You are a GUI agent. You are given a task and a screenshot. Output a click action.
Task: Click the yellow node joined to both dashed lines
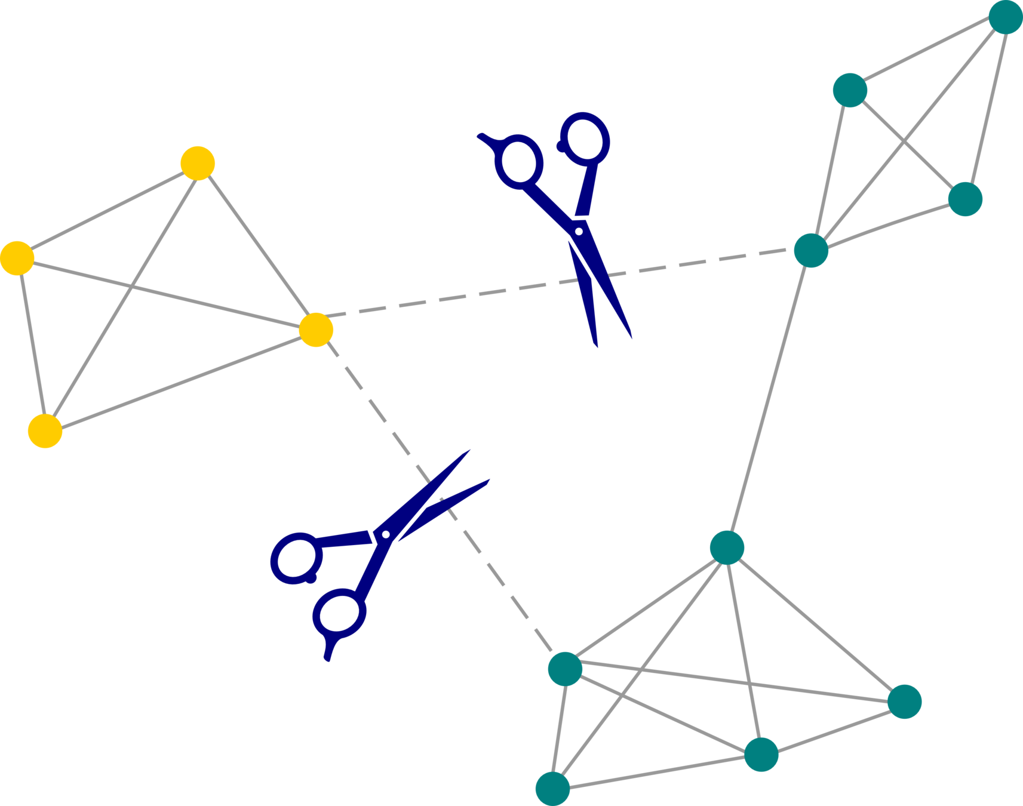pyautogui.click(x=315, y=330)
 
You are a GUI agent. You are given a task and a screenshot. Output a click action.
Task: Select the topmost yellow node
pyautogui.click(x=198, y=163)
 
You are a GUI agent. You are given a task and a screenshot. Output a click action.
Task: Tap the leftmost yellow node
pyautogui.click(x=17, y=258)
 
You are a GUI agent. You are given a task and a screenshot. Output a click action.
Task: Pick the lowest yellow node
pyautogui.click(x=45, y=430)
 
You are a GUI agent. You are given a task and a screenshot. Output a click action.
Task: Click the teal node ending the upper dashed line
pyautogui.click(x=811, y=250)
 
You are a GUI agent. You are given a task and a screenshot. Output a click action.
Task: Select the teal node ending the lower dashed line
pyautogui.click(x=565, y=669)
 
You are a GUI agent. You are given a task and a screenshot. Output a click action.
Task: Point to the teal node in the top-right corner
pyautogui.click(x=1006, y=17)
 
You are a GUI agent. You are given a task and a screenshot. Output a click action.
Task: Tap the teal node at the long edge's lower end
pyautogui.click(x=727, y=547)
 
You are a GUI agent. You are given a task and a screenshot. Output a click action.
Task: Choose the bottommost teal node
pyautogui.click(x=552, y=789)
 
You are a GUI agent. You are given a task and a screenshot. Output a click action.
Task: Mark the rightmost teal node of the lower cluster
pyautogui.click(x=904, y=702)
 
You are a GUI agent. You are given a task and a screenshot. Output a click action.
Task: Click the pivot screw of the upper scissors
pyautogui.click(x=578, y=230)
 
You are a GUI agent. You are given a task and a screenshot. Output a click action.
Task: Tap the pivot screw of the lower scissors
pyautogui.click(x=385, y=534)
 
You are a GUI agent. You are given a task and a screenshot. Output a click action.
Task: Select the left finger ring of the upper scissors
pyautogui.click(x=518, y=162)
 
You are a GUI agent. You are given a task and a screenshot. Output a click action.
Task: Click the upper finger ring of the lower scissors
pyautogui.click(x=296, y=559)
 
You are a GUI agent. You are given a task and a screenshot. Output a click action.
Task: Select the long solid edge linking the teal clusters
pyautogui.click(x=769, y=399)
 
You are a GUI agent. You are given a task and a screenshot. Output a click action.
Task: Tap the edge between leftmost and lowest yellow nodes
pyautogui.click(x=31, y=344)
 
